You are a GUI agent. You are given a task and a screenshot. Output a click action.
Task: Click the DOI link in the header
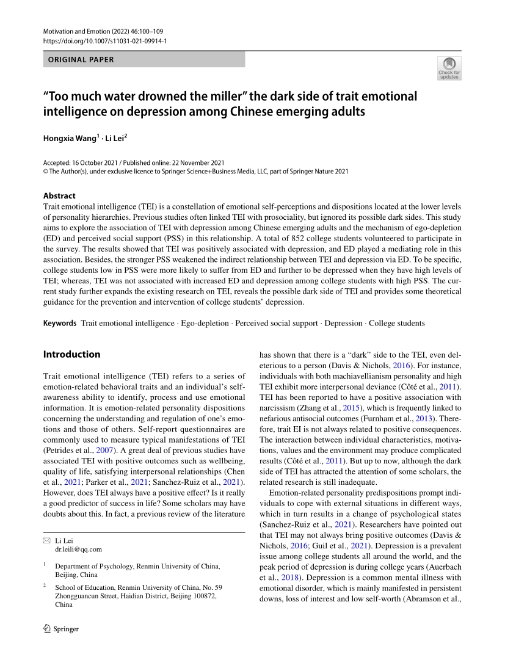click(x=105, y=41)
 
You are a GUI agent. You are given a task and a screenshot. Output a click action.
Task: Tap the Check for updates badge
click(x=449, y=68)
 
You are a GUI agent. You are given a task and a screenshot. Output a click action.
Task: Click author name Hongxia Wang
click(x=69, y=139)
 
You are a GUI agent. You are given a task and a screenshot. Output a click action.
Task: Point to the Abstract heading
click(x=59, y=196)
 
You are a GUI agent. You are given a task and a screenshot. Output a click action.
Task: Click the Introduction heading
click(x=71, y=354)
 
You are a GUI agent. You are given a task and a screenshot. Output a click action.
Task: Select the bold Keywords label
click(x=59, y=323)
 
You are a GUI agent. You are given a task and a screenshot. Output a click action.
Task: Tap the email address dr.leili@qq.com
click(x=78, y=549)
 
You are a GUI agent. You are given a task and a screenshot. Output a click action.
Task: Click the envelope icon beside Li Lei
click(x=46, y=541)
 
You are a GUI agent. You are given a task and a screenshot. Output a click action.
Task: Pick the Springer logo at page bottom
click(x=61, y=629)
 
